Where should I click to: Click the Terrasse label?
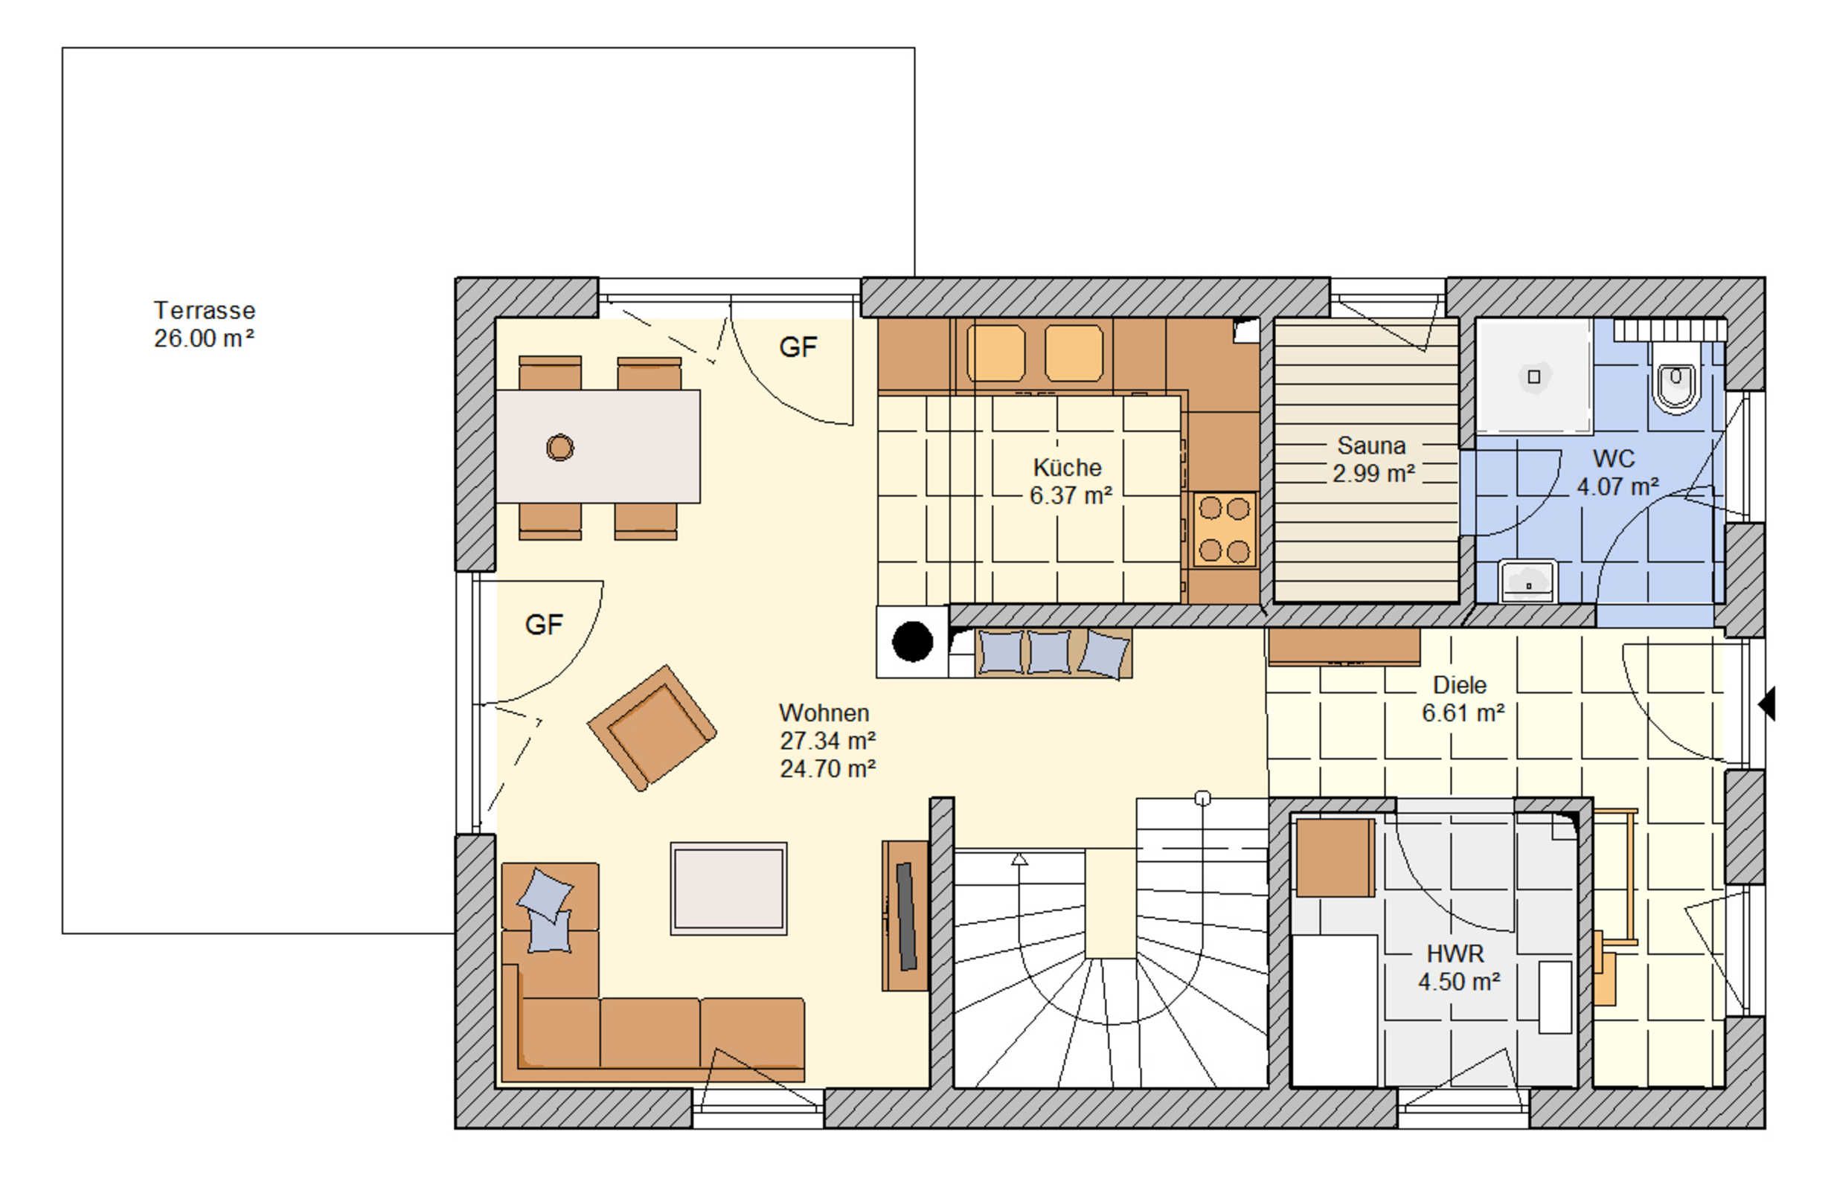pyautogui.click(x=204, y=310)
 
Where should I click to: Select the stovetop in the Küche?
pyautogui.click(x=1225, y=530)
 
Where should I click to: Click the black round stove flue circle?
pyautogui.click(x=912, y=641)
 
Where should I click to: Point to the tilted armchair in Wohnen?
pyautogui.click(x=652, y=727)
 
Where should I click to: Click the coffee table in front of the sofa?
pyautogui.click(x=728, y=889)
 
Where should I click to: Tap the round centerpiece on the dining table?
pyautogui.click(x=560, y=447)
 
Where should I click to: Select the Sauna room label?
pyautogui.click(x=1371, y=446)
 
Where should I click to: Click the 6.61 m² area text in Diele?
pyautogui.click(x=1463, y=713)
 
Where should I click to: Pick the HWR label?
pyautogui.click(x=1455, y=953)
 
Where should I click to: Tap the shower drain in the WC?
pyautogui.click(x=1533, y=377)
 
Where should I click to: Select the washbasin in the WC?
pyautogui.click(x=1528, y=582)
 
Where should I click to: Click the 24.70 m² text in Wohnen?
pyautogui.click(x=828, y=768)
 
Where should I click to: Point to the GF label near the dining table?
pyautogui.click(x=798, y=347)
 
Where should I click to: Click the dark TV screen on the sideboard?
pyautogui.click(x=906, y=916)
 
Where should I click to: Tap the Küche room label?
pyautogui.click(x=1067, y=467)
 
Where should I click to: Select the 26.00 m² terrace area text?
pyautogui.click(x=204, y=338)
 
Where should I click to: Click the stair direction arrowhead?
pyautogui.click(x=1019, y=859)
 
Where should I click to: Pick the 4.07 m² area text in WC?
pyautogui.click(x=1618, y=487)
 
